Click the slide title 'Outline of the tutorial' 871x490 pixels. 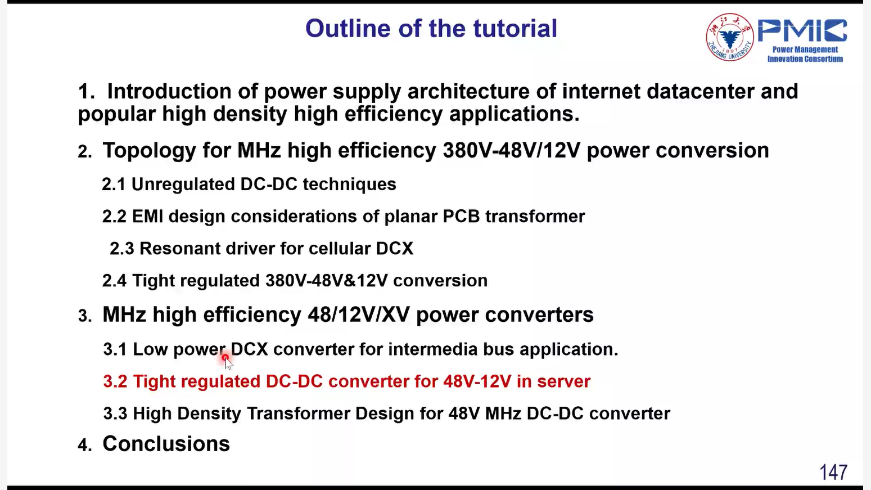coord(431,28)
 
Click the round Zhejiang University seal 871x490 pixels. coord(730,37)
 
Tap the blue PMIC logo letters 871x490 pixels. coord(802,30)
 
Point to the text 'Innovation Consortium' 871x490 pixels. coord(805,59)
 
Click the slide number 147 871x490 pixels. coord(833,473)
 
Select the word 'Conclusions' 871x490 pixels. coord(166,443)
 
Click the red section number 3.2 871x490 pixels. coord(115,381)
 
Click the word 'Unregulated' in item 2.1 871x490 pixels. coord(183,185)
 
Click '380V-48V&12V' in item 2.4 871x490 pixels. coord(327,280)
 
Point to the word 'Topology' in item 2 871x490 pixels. coord(150,151)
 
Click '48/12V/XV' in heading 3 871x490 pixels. coord(359,314)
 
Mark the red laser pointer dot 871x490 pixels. coord(225,357)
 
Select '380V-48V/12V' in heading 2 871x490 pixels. coord(511,151)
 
